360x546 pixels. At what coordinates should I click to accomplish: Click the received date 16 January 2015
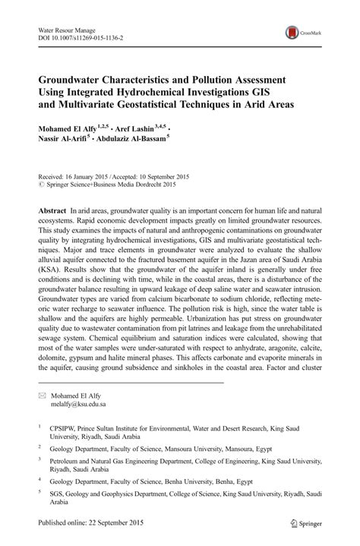[90, 173]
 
